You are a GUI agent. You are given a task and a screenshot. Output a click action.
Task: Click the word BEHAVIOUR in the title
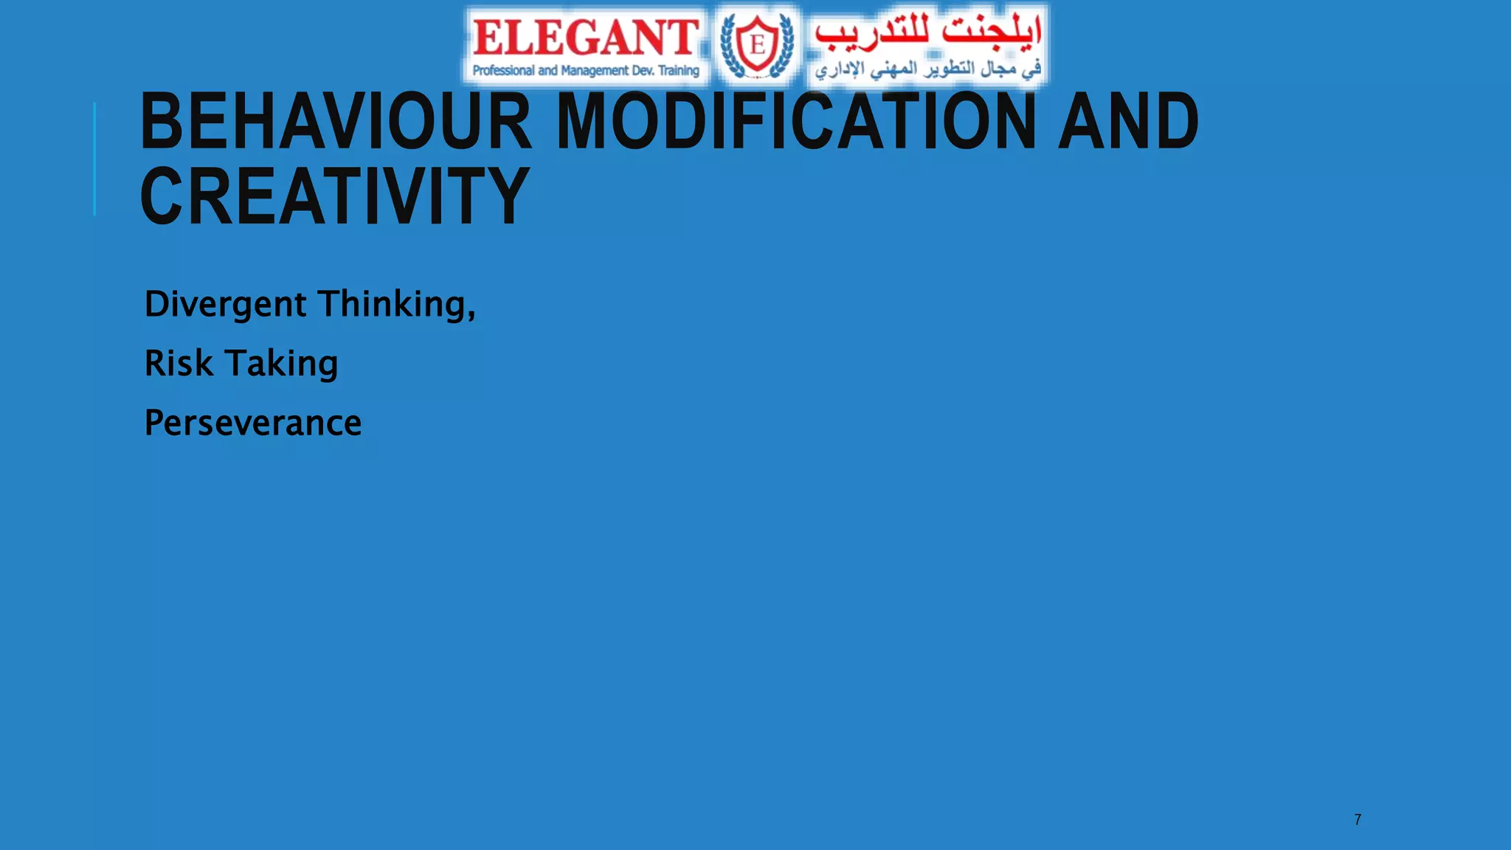336,121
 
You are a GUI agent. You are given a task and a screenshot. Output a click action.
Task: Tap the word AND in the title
1128,121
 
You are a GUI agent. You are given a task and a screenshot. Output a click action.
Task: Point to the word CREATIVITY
334,196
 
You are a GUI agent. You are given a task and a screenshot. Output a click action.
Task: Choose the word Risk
179,363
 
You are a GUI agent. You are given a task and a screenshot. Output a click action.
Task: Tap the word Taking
281,364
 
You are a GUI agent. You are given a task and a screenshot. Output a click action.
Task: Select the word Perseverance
253,423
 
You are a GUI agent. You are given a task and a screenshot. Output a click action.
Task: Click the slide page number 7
1358,820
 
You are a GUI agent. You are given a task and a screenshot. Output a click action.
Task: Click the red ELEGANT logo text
585,38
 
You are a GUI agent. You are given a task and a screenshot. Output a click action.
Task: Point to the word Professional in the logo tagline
503,71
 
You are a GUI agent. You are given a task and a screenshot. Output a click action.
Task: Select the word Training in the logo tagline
679,71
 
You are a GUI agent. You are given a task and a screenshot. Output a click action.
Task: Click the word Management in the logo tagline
595,71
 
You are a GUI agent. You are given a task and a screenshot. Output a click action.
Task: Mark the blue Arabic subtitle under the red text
928,69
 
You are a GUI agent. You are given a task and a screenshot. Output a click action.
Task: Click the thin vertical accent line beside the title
94,159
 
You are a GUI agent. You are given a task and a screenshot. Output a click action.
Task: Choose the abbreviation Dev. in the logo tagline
643,71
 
